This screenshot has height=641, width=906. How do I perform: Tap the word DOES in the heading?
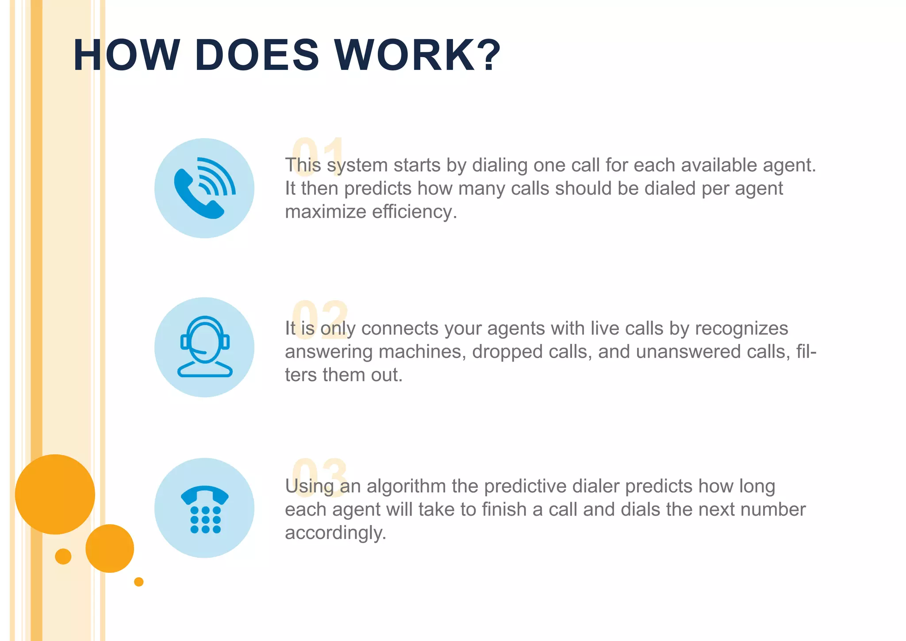257,55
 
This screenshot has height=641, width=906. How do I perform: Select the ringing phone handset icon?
204,188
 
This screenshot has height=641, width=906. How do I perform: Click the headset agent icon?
204,347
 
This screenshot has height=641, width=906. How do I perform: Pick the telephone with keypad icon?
204,508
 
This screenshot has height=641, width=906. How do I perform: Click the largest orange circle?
55,494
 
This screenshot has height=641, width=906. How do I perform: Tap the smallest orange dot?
138,582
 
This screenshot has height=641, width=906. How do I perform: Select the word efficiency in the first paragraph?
414,212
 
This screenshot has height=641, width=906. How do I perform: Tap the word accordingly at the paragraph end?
335,533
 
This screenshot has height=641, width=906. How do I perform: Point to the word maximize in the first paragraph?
325,212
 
